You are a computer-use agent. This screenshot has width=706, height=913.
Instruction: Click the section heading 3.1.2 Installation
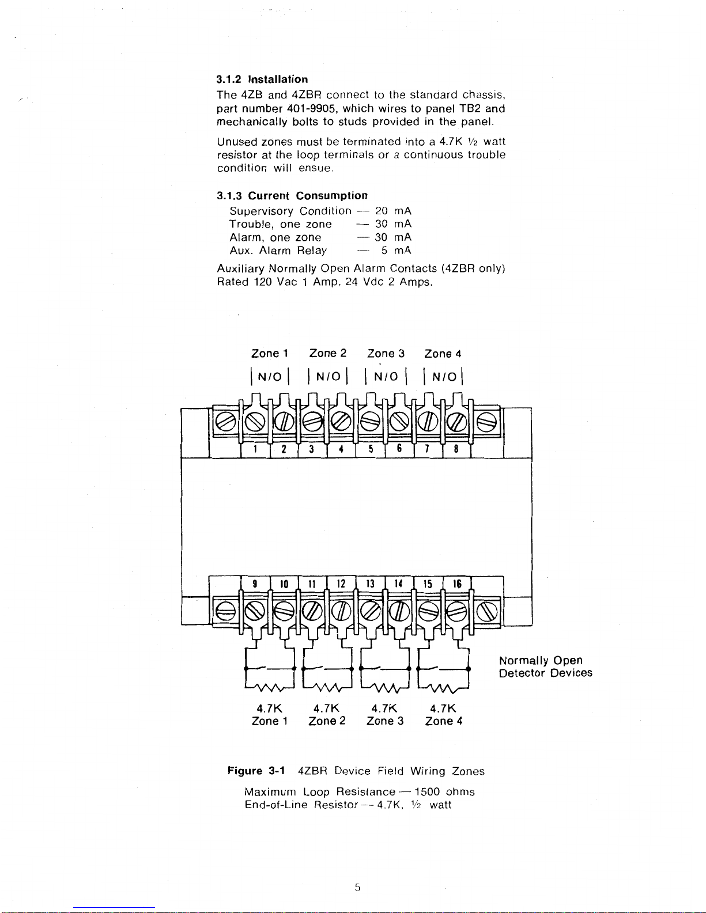262,79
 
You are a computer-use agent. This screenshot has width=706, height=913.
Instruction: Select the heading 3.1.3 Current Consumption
292,196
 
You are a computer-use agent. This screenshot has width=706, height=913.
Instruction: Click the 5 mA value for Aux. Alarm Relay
396,251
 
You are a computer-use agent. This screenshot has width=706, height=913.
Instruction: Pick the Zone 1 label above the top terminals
269,353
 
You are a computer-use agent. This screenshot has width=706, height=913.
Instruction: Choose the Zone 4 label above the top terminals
443,354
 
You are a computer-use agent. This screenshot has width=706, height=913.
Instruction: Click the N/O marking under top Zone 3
386,377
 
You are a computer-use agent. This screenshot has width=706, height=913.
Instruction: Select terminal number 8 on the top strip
456,449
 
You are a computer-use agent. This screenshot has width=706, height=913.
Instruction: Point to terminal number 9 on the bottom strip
254,584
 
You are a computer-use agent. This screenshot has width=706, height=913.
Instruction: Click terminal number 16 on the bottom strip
457,584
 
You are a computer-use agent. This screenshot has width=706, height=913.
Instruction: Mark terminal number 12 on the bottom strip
341,584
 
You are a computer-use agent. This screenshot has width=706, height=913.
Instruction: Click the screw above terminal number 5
370,423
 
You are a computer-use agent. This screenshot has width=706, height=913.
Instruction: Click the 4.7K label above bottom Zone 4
443,708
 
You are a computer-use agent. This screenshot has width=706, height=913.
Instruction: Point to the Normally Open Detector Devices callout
545,666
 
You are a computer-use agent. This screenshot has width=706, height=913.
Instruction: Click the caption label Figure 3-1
254,771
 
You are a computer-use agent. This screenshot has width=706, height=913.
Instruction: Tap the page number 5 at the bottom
357,888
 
